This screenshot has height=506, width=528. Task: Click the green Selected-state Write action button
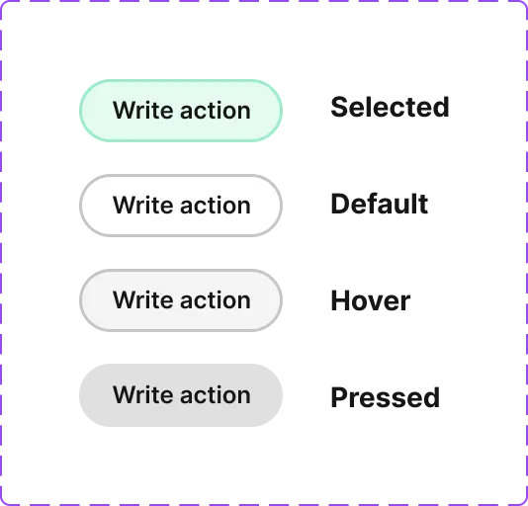[181, 111]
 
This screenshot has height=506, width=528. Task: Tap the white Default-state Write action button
[181, 206]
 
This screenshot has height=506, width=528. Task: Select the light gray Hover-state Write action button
[181, 300]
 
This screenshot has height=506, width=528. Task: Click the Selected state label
[390, 107]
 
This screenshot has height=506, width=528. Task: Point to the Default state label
[379, 204]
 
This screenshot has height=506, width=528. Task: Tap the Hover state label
[371, 300]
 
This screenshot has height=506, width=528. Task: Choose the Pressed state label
[386, 397]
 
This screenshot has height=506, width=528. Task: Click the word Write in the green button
[143, 110]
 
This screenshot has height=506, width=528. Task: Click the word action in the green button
[216, 111]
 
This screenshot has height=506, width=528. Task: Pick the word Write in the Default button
[143, 205]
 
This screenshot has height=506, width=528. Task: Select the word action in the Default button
[216, 206]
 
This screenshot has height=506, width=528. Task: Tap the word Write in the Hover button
[143, 299]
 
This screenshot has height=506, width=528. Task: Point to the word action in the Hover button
[216, 300]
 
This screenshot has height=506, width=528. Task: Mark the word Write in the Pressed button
[143, 394]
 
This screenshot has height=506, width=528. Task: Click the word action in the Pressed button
[216, 395]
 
